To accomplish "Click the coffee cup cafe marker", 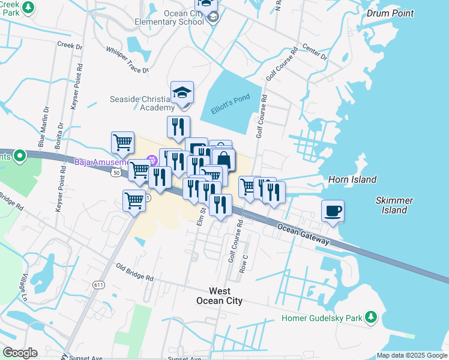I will (x=333, y=211).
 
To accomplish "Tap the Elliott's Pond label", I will (x=231, y=106).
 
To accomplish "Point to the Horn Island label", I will (x=352, y=179).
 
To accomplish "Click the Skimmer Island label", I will (x=391, y=205).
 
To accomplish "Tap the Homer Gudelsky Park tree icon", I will (x=372, y=316).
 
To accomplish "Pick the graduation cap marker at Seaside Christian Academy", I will (x=182, y=93).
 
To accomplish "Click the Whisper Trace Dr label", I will (x=127, y=61).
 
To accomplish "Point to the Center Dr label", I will (x=315, y=52).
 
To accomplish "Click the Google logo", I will (x=20, y=353).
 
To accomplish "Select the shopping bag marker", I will (x=223, y=160).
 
